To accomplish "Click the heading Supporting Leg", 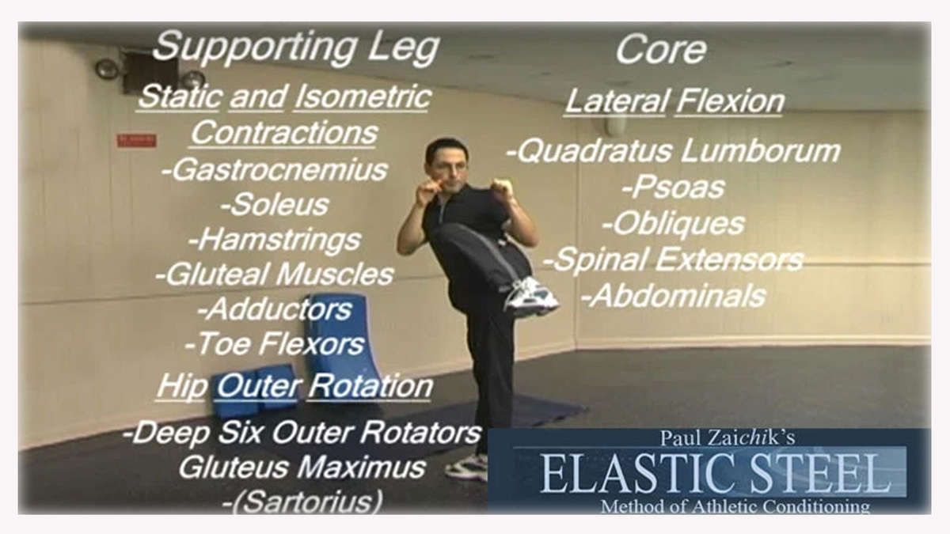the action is click(x=295, y=48).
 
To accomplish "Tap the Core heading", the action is click(x=661, y=50).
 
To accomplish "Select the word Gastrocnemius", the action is click(x=275, y=170).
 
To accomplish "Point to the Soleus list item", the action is click(x=275, y=205).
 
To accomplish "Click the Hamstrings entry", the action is click(x=275, y=240).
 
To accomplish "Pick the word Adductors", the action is click(x=275, y=309).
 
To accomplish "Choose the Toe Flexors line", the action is click(x=275, y=343).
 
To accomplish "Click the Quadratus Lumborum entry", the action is click(x=674, y=151).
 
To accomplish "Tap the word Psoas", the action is click(x=674, y=187).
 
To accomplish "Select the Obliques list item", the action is click(x=674, y=224).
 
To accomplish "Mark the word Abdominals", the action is click(x=674, y=296).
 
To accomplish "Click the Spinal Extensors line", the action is click(x=674, y=259).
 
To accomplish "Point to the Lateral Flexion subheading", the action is click(x=674, y=102).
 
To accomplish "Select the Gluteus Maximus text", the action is click(x=302, y=467).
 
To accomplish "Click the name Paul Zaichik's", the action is click(x=728, y=438).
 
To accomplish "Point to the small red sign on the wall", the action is click(x=136, y=140).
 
